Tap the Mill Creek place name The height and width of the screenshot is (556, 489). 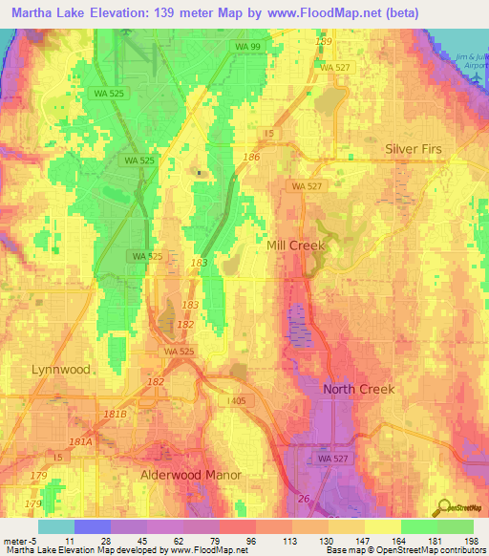click(295, 246)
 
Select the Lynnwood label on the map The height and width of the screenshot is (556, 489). click(60, 369)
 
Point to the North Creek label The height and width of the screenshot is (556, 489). click(358, 389)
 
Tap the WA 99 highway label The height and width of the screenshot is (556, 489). click(248, 46)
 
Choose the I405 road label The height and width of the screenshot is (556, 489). click(237, 401)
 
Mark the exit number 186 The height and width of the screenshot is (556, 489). click(252, 156)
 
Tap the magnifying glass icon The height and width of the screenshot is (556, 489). click(444, 508)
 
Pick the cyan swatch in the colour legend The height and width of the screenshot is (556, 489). click(56, 526)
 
